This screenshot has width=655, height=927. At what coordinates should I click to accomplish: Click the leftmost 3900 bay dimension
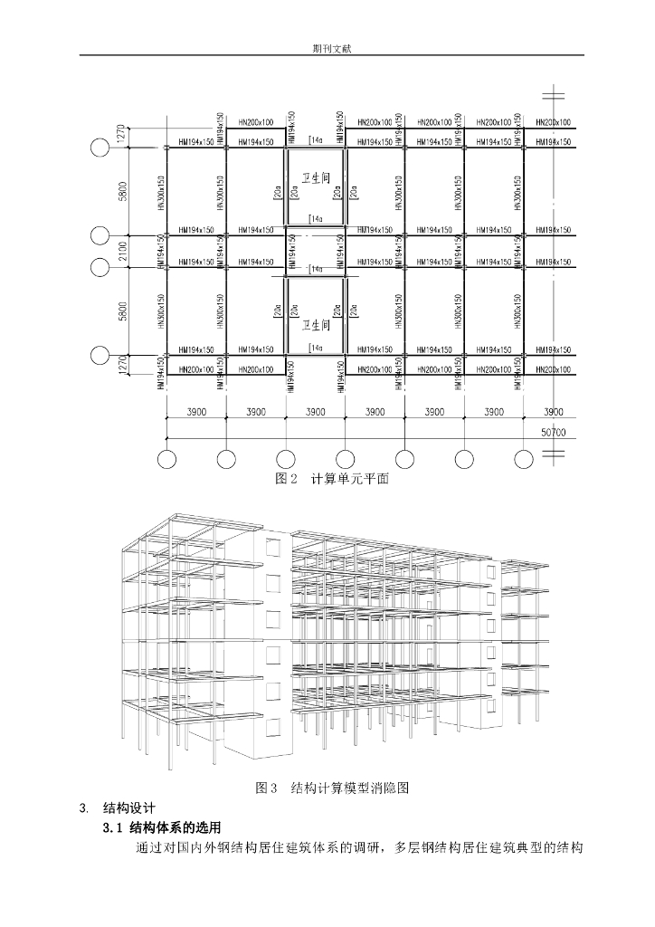click(195, 412)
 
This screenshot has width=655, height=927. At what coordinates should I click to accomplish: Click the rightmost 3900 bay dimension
click(553, 412)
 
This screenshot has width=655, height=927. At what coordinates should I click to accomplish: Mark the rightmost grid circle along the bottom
click(524, 459)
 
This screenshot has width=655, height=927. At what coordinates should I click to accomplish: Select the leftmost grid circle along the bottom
click(166, 459)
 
